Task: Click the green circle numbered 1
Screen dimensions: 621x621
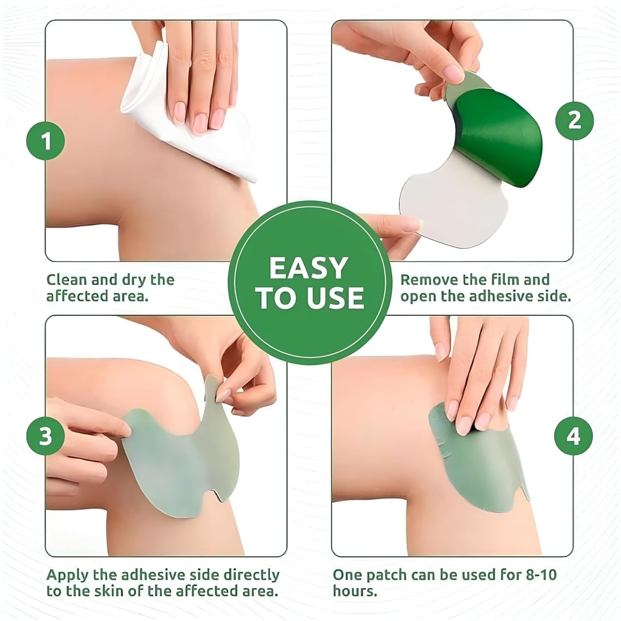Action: [46, 141]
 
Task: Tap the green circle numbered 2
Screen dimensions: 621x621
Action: [574, 120]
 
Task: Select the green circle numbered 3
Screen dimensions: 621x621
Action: [46, 436]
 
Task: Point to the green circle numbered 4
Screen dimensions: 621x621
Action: [573, 436]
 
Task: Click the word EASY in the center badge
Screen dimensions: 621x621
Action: [309, 269]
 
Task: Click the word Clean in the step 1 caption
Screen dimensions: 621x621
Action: [66, 280]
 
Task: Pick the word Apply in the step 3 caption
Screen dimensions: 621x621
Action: [67, 575]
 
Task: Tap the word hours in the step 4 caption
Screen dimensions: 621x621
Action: [355, 591]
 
